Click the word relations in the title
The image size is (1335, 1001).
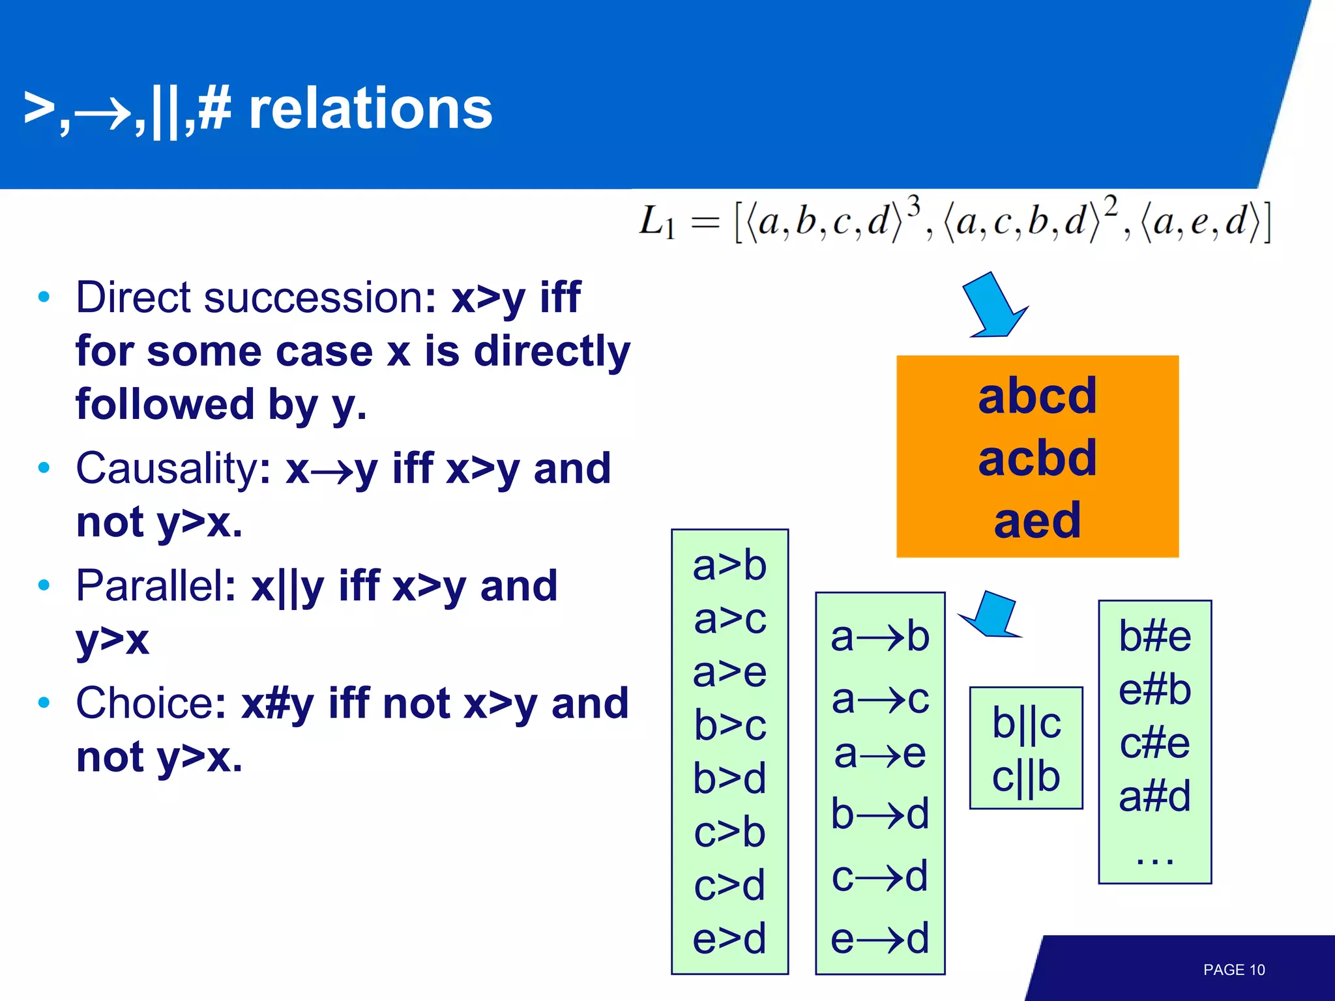pyautogui.click(x=370, y=109)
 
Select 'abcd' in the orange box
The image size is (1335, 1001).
pyautogui.click(x=1037, y=396)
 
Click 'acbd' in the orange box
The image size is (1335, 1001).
pyautogui.click(x=1037, y=458)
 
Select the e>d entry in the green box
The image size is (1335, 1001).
pyautogui.click(x=729, y=938)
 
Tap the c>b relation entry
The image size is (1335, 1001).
pyautogui.click(x=729, y=832)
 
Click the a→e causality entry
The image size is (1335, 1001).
pyautogui.click(x=879, y=754)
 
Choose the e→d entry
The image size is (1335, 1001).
pyautogui.click(x=879, y=938)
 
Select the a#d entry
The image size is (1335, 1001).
pyautogui.click(x=1154, y=796)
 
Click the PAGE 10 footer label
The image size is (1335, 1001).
pyautogui.click(x=1233, y=970)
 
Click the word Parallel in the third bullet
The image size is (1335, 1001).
pyautogui.click(x=155, y=585)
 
